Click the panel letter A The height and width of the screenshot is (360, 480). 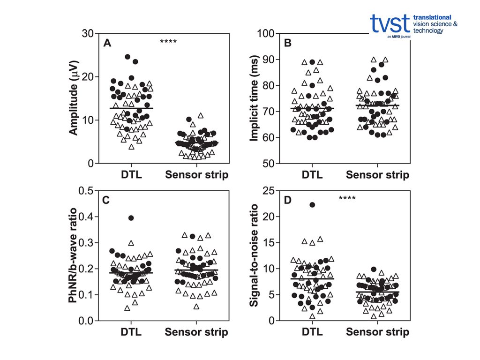tap(107, 44)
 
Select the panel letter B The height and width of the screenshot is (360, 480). tap(288, 44)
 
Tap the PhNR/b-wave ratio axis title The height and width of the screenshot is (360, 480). tap(74, 255)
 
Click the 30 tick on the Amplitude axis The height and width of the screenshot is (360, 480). tap(87, 33)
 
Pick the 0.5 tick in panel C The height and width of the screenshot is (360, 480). tap(84, 190)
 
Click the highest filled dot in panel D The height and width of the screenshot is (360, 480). tap(312, 205)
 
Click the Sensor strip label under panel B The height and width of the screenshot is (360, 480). tap(377, 175)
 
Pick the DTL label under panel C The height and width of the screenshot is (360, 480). tap(131, 332)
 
